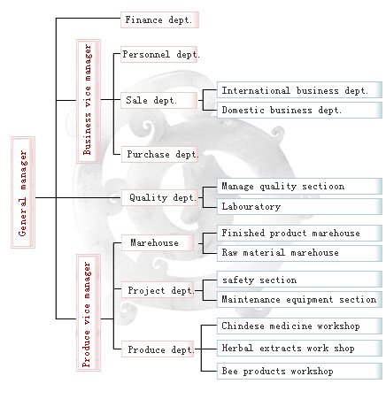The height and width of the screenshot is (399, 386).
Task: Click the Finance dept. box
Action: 159,20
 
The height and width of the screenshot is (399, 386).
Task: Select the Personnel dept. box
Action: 159,54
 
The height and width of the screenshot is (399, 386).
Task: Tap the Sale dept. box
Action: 159,100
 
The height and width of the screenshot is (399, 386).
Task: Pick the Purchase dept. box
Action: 159,154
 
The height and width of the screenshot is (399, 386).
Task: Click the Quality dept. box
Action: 160,197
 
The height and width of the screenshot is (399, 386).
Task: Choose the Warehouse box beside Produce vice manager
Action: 158,243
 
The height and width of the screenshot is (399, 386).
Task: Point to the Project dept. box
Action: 158,290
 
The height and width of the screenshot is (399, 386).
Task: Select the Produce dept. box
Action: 158,349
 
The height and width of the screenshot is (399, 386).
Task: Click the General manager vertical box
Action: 23,192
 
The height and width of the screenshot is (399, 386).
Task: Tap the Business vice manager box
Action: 89,101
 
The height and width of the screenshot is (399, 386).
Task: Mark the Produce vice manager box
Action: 89,313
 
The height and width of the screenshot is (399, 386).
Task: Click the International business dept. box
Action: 299,90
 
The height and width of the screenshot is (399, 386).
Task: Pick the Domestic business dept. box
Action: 299,110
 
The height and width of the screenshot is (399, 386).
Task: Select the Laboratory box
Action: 299,206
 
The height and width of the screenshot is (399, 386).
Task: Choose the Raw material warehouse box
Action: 299,253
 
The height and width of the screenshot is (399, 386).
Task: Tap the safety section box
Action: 299,280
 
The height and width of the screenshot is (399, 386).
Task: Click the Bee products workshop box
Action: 299,371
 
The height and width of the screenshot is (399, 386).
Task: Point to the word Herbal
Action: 237,348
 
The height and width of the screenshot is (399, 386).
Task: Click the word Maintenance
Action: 251,299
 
